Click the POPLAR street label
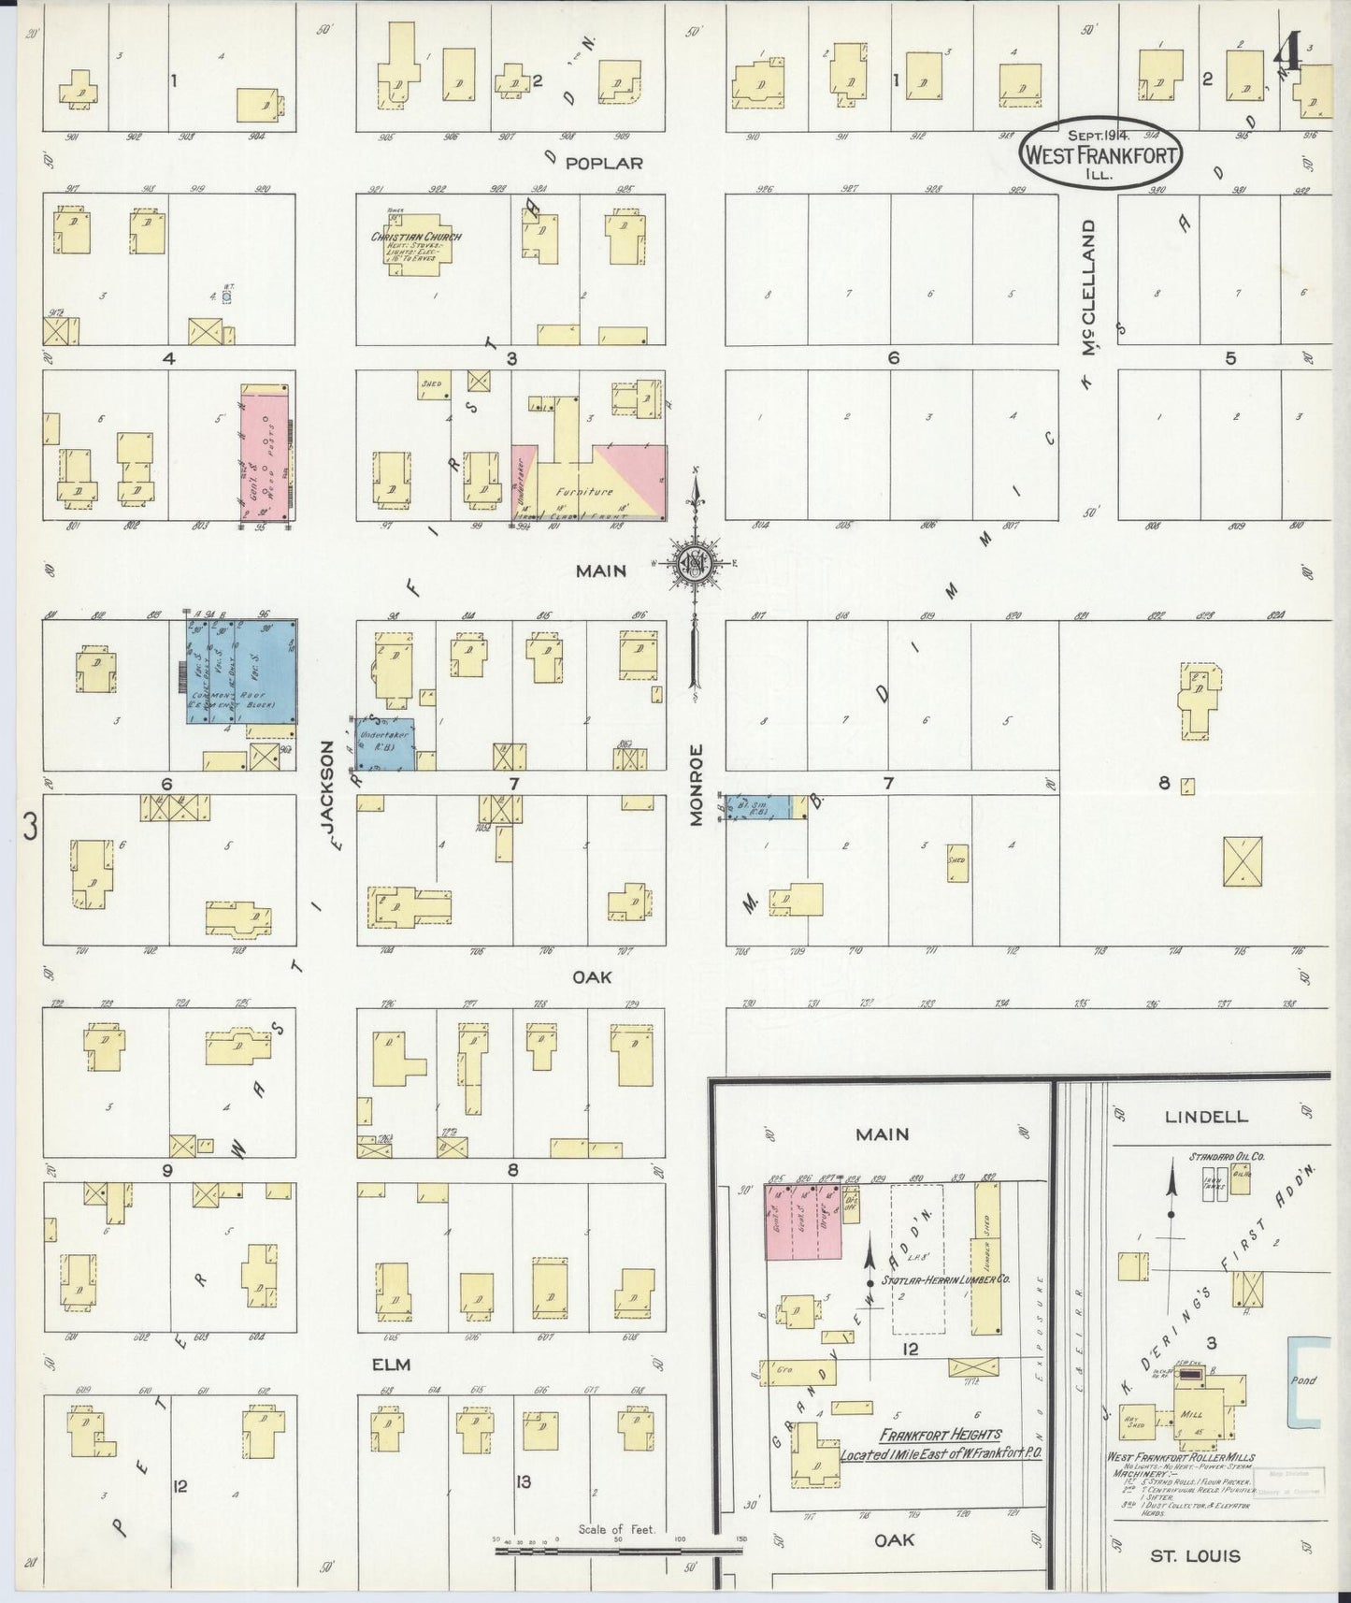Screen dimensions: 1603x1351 click(x=604, y=163)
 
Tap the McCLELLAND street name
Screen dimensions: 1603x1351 click(x=1088, y=287)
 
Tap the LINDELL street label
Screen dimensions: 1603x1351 click(x=1205, y=1117)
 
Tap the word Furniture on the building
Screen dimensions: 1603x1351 click(x=583, y=492)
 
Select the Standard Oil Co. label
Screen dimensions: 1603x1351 click(x=1227, y=1157)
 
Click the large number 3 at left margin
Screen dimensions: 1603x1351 click(x=31, y=827)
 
